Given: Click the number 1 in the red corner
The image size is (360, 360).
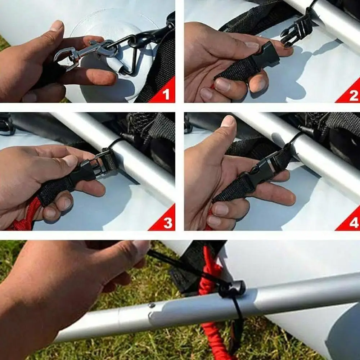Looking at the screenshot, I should point(166,94).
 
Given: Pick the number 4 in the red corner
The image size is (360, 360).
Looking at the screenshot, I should point(354,223).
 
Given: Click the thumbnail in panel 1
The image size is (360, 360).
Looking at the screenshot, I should point(57,26).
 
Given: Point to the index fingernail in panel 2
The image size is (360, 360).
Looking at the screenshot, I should point(252,46).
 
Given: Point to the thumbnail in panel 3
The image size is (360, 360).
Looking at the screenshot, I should point(69,161).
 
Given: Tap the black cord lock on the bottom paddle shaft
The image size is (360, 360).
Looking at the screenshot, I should point(232,288).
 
